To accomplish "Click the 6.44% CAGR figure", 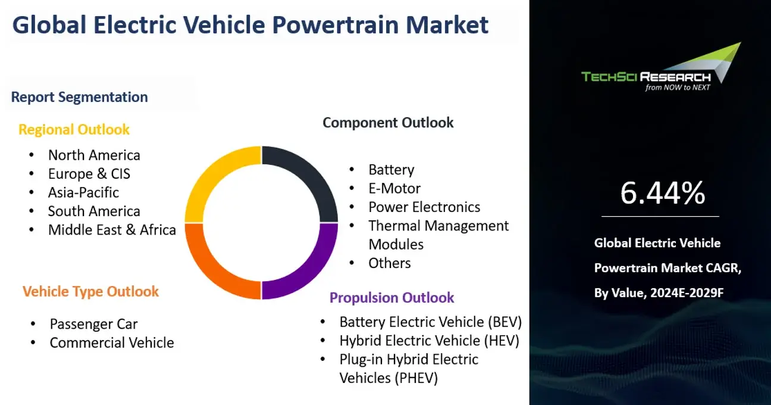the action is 663,193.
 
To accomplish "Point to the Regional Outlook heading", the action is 74,130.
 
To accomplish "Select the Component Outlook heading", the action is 388,123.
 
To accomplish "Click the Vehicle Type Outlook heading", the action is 90,292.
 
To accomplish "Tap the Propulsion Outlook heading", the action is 391,298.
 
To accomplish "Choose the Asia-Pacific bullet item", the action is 83,192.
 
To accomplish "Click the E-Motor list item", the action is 394,189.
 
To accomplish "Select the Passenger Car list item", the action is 93,324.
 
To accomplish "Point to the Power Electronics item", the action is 424,207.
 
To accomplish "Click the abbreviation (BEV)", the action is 505,322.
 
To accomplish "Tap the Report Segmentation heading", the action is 80,97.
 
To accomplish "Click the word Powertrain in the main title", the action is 336,25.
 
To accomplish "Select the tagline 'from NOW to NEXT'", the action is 678,88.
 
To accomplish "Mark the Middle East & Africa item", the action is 112,230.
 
